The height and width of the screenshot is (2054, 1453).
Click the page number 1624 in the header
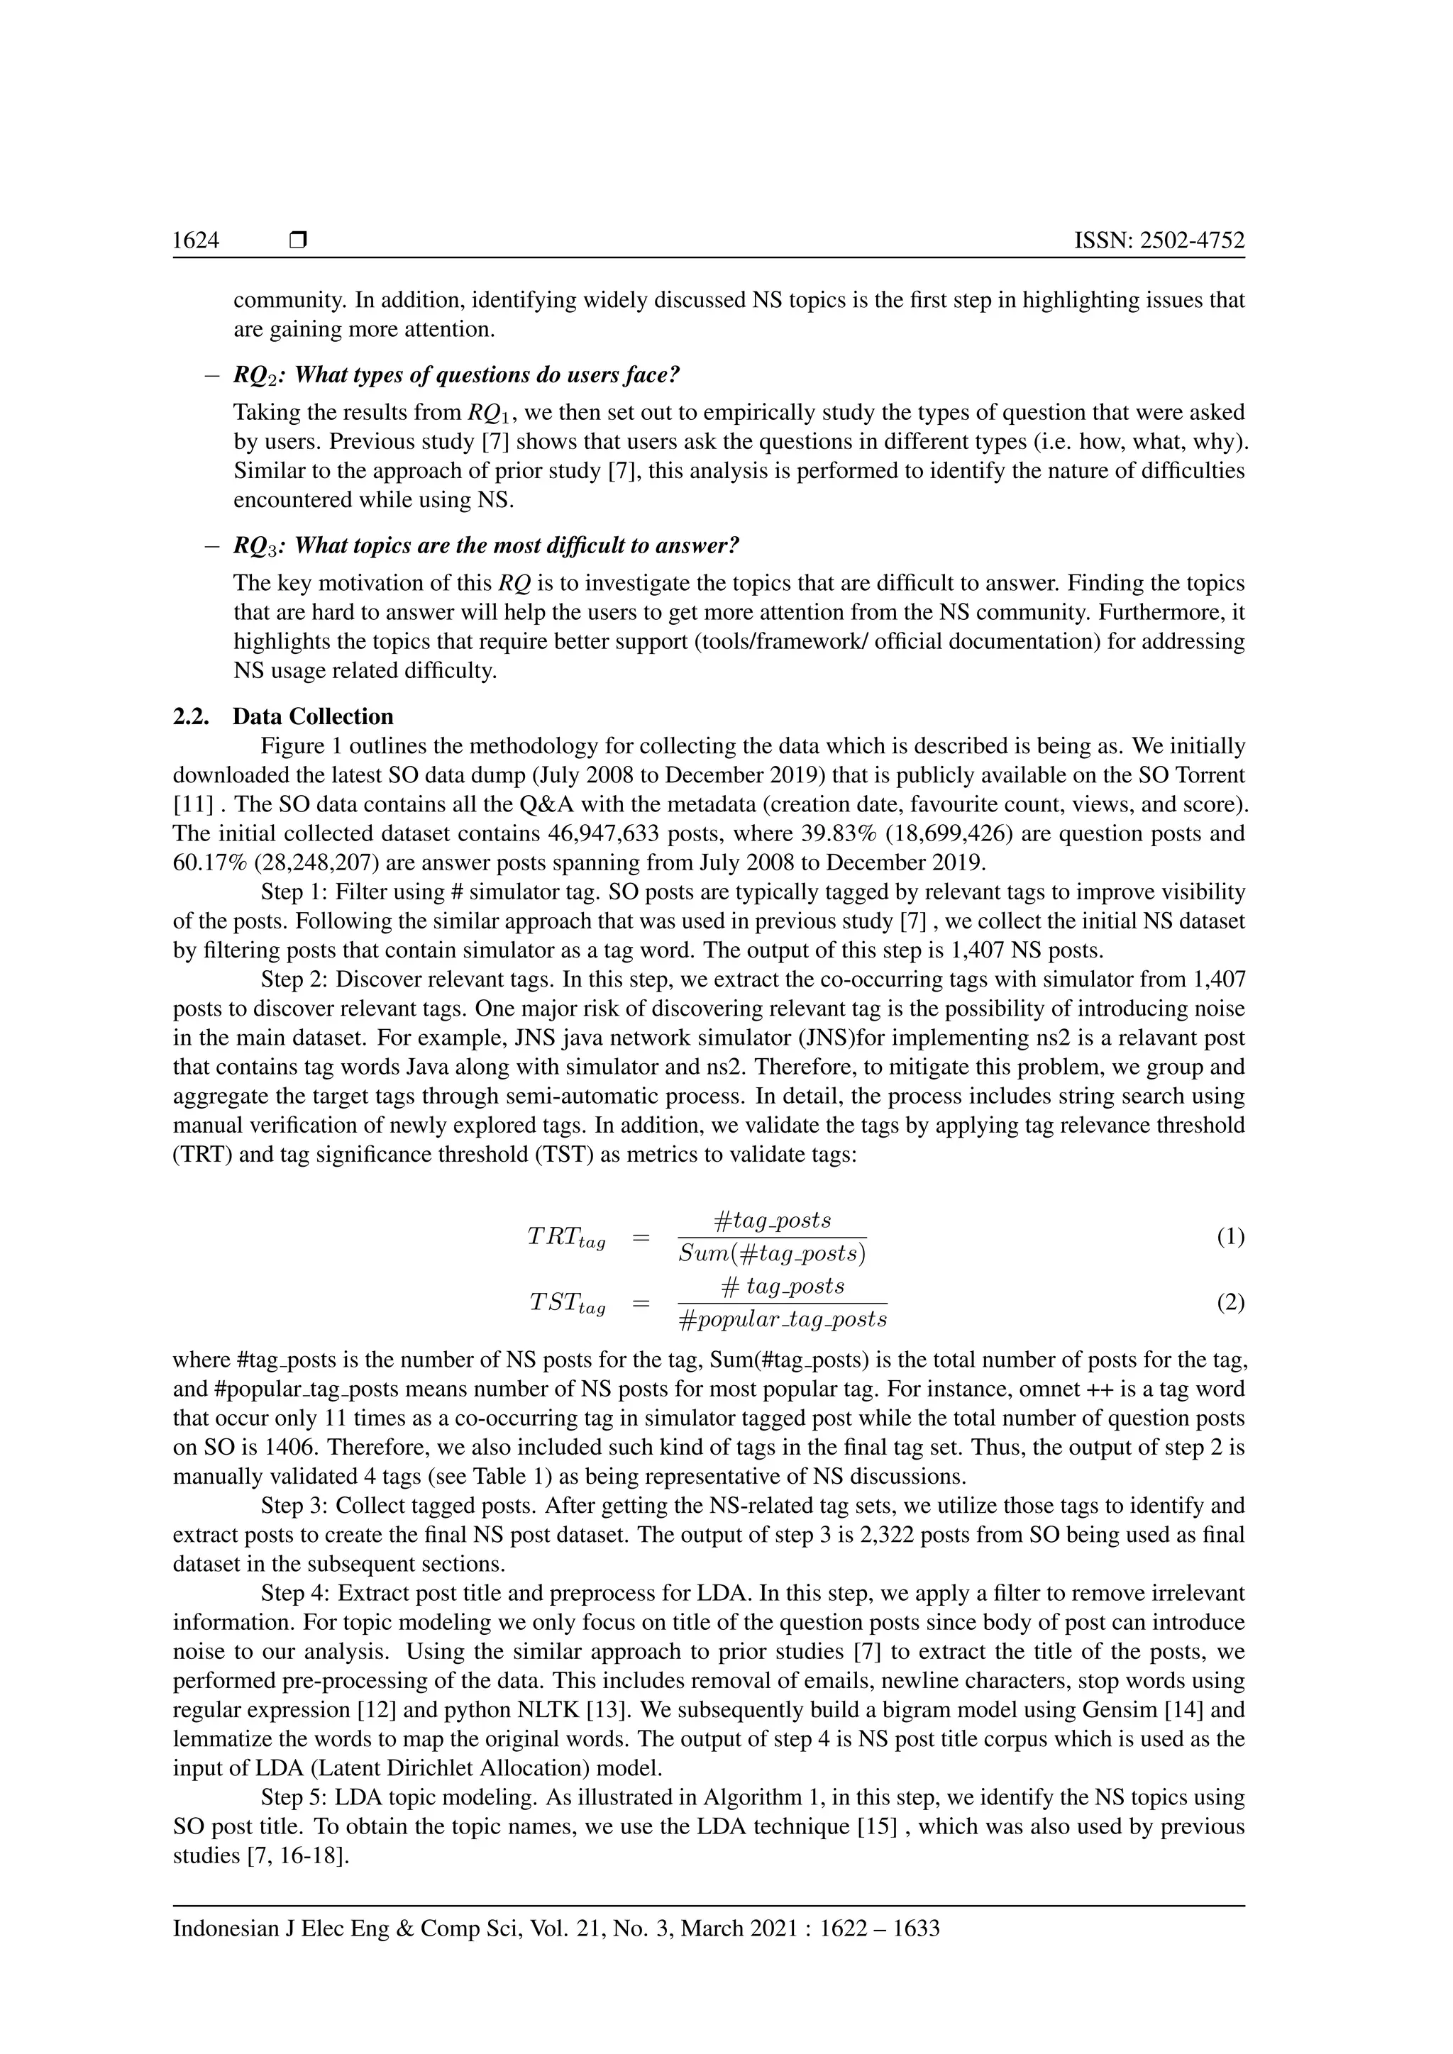195,240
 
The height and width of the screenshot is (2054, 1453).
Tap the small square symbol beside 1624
299,240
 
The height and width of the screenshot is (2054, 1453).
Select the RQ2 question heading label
255,376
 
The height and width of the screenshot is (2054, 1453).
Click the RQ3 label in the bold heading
255,545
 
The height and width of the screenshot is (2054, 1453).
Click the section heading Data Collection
312,716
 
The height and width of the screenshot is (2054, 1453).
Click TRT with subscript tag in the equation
565,1239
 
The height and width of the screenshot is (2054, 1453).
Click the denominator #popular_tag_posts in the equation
782,1319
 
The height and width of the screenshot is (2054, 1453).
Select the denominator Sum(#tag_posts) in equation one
771,1254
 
